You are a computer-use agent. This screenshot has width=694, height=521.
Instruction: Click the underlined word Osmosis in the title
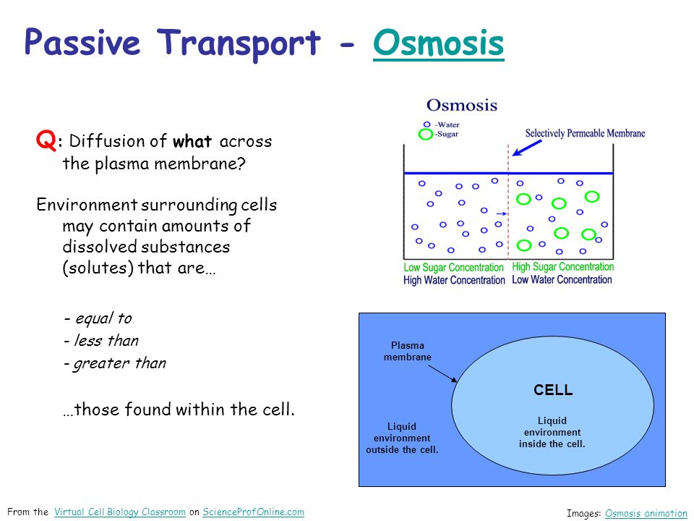(438, 43)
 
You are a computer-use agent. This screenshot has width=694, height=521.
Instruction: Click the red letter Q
(46, 140)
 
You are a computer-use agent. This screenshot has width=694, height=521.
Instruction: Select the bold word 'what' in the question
(192, 141)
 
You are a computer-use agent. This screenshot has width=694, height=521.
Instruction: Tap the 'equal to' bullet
(98, 318)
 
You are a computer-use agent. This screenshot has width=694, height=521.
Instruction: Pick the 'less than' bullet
(101, 340)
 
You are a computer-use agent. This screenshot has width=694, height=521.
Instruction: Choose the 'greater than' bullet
(115, 363)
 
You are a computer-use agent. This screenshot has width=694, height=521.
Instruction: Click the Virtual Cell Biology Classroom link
(119, 512)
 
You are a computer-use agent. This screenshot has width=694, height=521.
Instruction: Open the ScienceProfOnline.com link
(253, 512)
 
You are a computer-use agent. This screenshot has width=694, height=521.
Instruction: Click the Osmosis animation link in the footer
(646, 514)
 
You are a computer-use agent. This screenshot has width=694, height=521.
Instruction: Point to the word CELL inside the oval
(553, 390)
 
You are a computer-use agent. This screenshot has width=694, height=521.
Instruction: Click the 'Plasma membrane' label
(408, 351)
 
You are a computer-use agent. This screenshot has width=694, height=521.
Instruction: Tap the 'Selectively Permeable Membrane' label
(585, 133)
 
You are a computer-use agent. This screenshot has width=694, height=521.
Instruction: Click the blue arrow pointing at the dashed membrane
(527, 148)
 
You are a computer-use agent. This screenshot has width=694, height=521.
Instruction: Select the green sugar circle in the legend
(425, 134)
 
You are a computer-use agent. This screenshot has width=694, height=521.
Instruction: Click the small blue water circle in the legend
(427, 124)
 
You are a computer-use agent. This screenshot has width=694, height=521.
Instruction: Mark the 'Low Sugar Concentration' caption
(453, 268)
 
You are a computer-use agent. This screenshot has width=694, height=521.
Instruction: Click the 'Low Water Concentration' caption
(562, 279)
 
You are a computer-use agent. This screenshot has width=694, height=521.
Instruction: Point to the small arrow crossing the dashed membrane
(502, 214)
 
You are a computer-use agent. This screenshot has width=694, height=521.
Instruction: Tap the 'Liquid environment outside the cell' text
(402, 439)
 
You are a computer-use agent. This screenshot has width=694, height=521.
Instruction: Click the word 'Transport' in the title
(239, 43)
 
